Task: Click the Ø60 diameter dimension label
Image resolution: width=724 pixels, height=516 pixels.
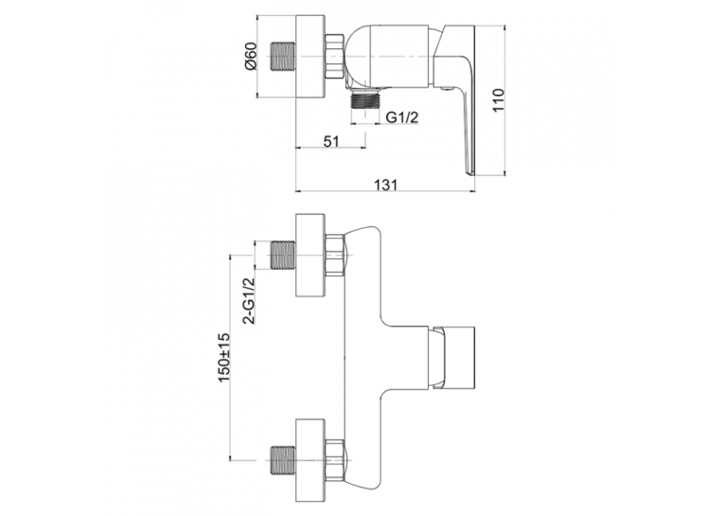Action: (x=251, y=57)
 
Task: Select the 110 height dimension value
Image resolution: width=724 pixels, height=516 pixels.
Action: (x=499, y=99)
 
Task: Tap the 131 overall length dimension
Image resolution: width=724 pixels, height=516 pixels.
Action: (x=385, y=184)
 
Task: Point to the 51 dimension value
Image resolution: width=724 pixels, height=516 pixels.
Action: (x=330, y=141)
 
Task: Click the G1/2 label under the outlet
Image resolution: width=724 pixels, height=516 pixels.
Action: (x=401, y=117)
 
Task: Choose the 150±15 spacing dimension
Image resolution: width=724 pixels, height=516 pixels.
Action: (x=224, y=358)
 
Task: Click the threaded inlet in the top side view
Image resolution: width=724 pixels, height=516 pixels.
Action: (x=282, y=58)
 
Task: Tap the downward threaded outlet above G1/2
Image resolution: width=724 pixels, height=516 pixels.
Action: (x=365, y=98)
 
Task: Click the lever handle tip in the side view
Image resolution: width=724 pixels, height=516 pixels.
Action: (x=471, y=171)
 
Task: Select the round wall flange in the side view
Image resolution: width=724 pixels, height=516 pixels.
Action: (x=310, y=58)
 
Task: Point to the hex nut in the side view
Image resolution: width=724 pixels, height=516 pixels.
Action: (x=334, y=57)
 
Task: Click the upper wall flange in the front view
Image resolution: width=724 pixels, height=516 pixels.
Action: (x=310, y=255)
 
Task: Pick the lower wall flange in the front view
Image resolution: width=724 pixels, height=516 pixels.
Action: (x=310, y=460)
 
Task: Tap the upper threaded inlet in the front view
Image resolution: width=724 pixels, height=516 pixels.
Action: (x=282, y=255)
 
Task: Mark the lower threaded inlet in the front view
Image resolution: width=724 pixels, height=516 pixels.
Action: (x=282, y=460)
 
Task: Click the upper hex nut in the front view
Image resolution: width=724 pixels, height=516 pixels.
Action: (x=335, y=255)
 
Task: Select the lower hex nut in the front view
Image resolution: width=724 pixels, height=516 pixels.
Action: (x=335, y=460)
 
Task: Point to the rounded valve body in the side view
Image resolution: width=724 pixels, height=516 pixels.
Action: (x=393, y=56)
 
